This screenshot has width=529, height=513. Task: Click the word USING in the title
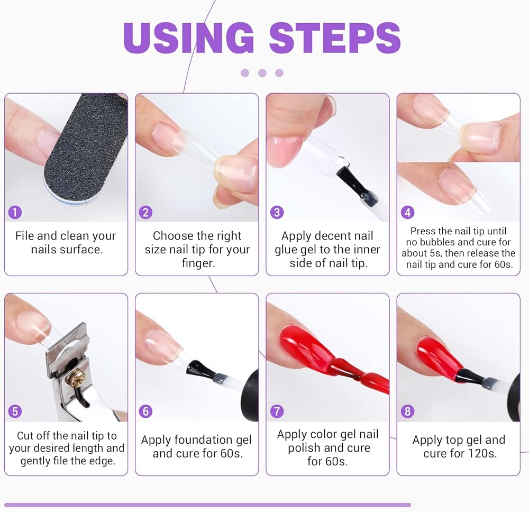tap(189, 37)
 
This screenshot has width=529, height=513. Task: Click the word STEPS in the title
tap(335, 37)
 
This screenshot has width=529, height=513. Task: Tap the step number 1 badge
tap(15, 213)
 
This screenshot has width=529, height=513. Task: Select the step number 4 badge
tap(407, 213)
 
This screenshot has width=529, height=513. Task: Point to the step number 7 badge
tap(277, 411)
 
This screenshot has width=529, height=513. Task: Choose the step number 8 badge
tap(407, 411)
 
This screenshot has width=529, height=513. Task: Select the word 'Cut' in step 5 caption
tap(25, 436)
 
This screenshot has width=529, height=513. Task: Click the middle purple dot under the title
tap(262, 73)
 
